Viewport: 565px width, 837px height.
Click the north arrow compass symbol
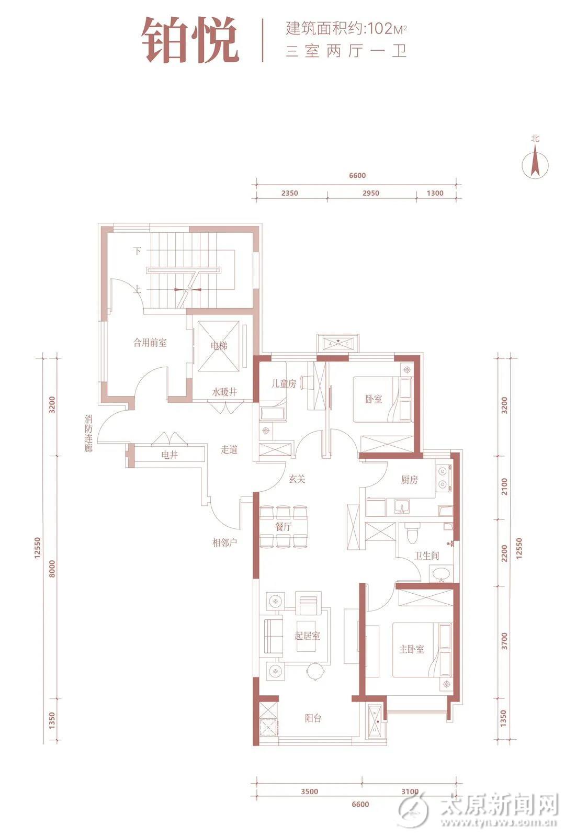click(535, 164)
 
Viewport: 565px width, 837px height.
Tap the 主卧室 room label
click(412, 649)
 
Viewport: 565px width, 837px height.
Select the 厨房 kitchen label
click(410, 479)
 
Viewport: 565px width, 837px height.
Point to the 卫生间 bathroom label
click(426, 556)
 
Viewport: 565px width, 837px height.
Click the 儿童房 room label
click(284, 383)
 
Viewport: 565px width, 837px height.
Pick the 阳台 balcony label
click(313, 718)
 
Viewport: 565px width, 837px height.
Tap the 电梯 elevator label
click(219, 346)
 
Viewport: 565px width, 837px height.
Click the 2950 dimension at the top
click(371, 193)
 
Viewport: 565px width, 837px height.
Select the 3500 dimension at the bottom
click(309, 791)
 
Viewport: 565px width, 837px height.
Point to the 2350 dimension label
click(290, 193)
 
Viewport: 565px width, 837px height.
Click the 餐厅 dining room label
click(284, 527)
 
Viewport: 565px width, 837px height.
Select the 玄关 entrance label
click(297, 479)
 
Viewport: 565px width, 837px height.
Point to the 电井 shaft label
click(169, 455)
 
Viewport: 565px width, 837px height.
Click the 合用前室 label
click(150, 342)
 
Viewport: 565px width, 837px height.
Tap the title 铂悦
click(190, 40)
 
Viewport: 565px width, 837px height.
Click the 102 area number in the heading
click(380, 29)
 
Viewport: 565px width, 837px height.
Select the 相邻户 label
click(224, 542)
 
